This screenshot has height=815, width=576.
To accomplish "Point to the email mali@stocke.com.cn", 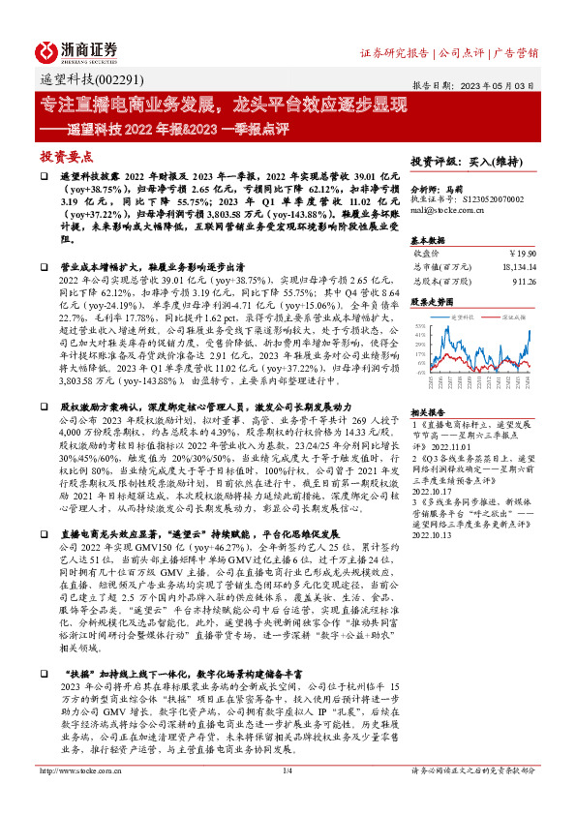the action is coord(449,208).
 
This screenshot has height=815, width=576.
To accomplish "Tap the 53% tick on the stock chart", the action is coord(419,326).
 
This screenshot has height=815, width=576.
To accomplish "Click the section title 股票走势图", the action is coord(432,302).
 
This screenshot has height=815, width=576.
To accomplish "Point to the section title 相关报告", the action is coord(428,411).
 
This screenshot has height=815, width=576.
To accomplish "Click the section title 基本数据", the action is coord(428,238).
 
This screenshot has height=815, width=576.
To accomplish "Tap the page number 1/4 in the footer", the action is coord(288,797).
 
